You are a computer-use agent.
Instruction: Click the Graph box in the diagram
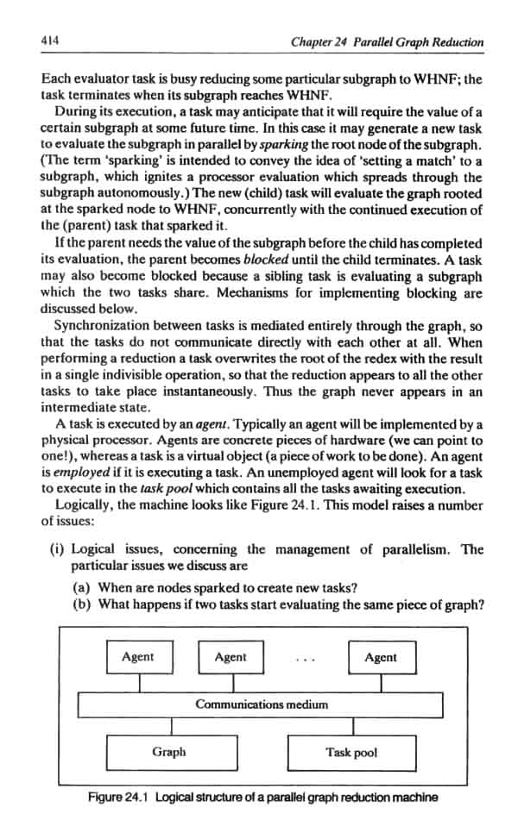pos(169,752)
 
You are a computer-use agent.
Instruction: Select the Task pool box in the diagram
pos(351,752)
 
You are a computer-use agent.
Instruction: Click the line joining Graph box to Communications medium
pos(169,725)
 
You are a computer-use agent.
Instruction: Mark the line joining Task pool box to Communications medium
pos(351,725)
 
